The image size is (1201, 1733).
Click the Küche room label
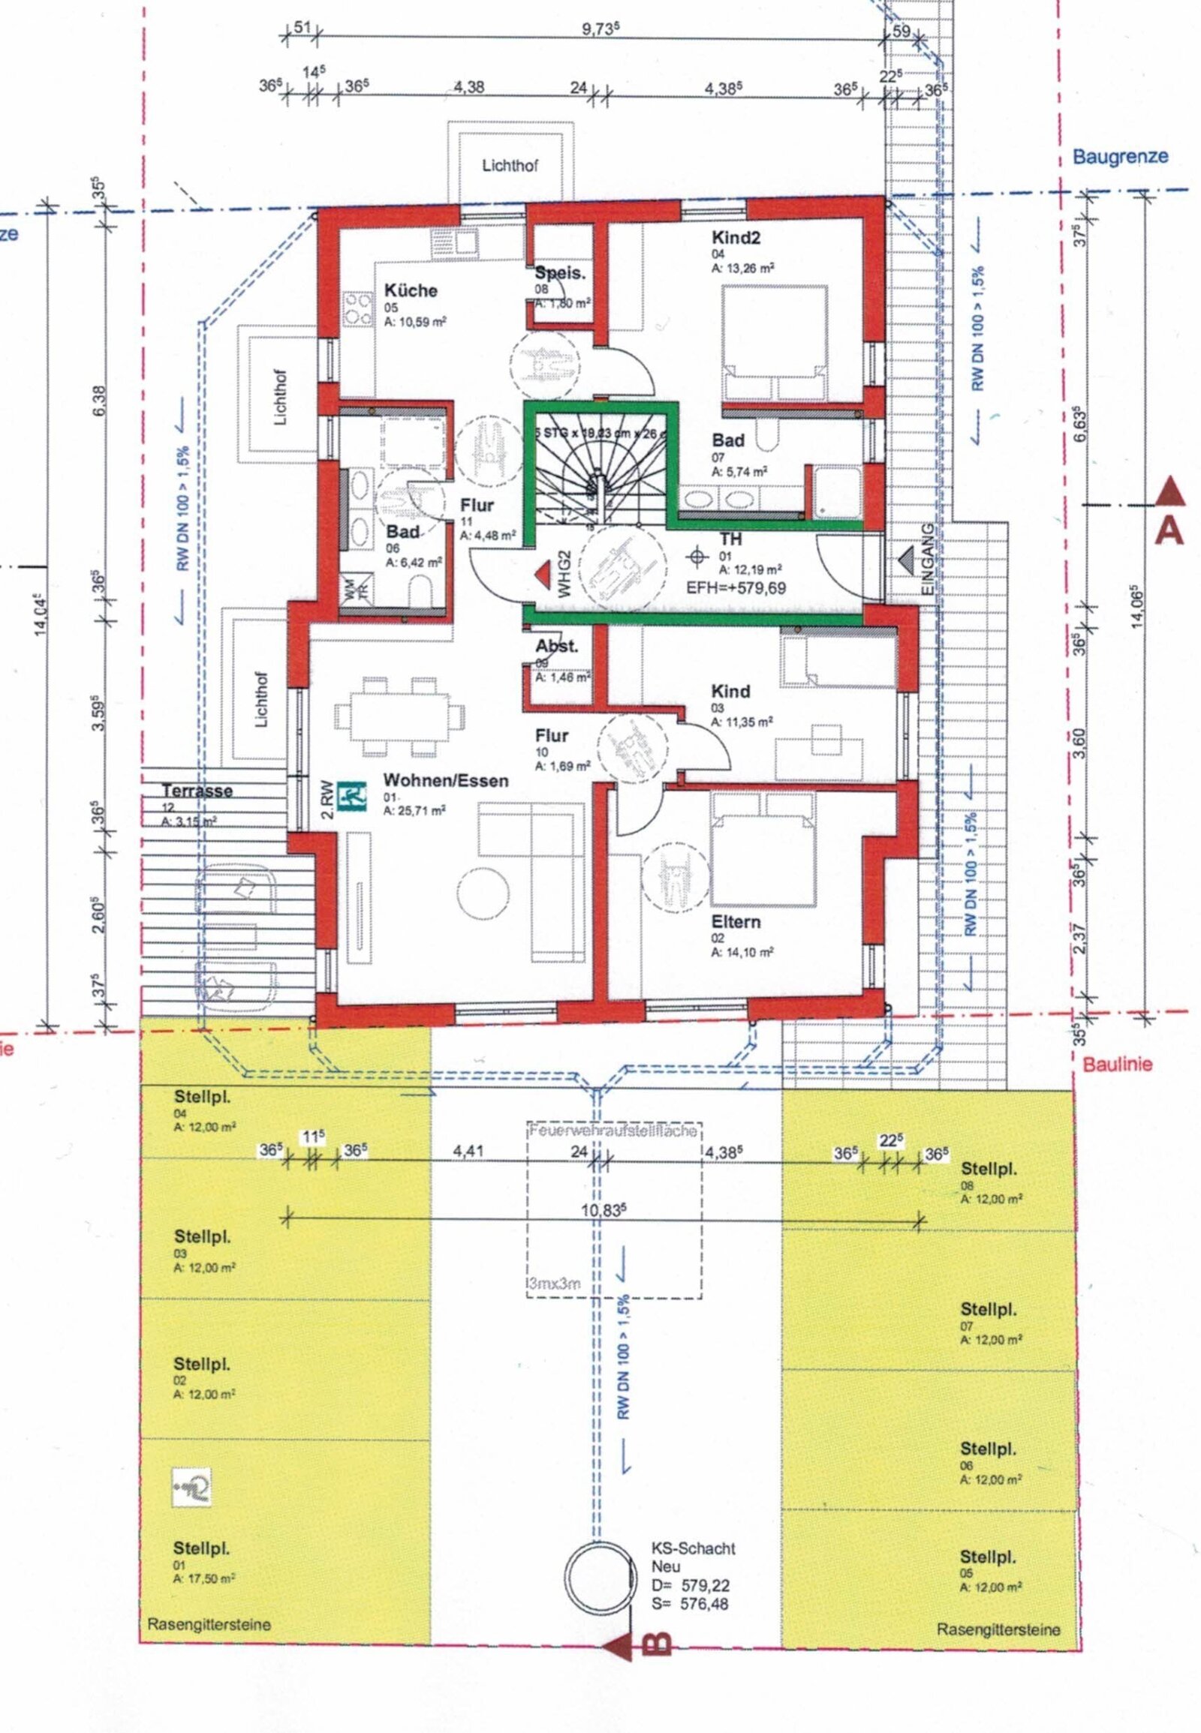coord(410,290)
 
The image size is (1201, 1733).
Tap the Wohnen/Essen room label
coord(444,781)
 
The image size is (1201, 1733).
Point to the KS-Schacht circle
coord(598,1575)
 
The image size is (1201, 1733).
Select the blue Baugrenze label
coord(1120,157)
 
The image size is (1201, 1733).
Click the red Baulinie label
coord(1117,1065)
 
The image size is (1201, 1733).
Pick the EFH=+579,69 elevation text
coord(736,588)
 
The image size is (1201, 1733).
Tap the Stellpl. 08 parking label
coord(989,1170)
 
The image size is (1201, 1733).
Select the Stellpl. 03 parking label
coord(203,1236)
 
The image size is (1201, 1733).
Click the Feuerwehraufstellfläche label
coord(613,1131)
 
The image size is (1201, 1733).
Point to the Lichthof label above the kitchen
coord(510,167)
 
